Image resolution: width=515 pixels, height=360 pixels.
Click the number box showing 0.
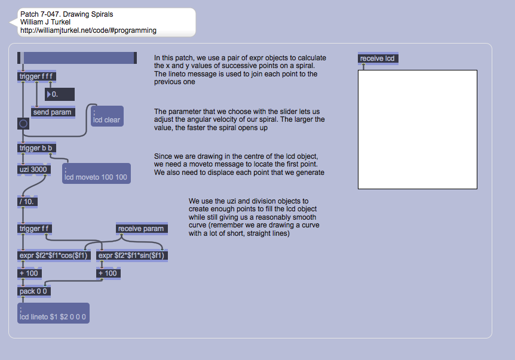tap(60, 94)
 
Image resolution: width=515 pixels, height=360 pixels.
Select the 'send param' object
tap(53, 112)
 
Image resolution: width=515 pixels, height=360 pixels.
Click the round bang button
tap(23, 124)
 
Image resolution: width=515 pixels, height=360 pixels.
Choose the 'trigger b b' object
tap(38, 148)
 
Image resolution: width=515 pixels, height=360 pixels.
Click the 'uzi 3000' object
tap(34, 169)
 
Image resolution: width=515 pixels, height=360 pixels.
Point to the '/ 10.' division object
tap(27, 201)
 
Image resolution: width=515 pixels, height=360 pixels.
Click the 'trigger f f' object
tap(35, 229)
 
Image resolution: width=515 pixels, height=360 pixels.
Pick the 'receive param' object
tap(141, 229)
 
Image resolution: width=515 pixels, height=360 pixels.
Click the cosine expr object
tap(54, 256)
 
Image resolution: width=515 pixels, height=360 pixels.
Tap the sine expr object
tap(132, 256)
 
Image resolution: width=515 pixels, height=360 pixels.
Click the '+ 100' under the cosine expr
tap(29, 273)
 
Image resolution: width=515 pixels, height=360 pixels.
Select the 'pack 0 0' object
tap(34, 291)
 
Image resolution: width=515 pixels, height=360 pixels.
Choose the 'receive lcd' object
tap(377, 59)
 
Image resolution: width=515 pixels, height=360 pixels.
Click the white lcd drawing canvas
tap(417, 130)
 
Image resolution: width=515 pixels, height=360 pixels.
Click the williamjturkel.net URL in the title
tap(88, 30)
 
